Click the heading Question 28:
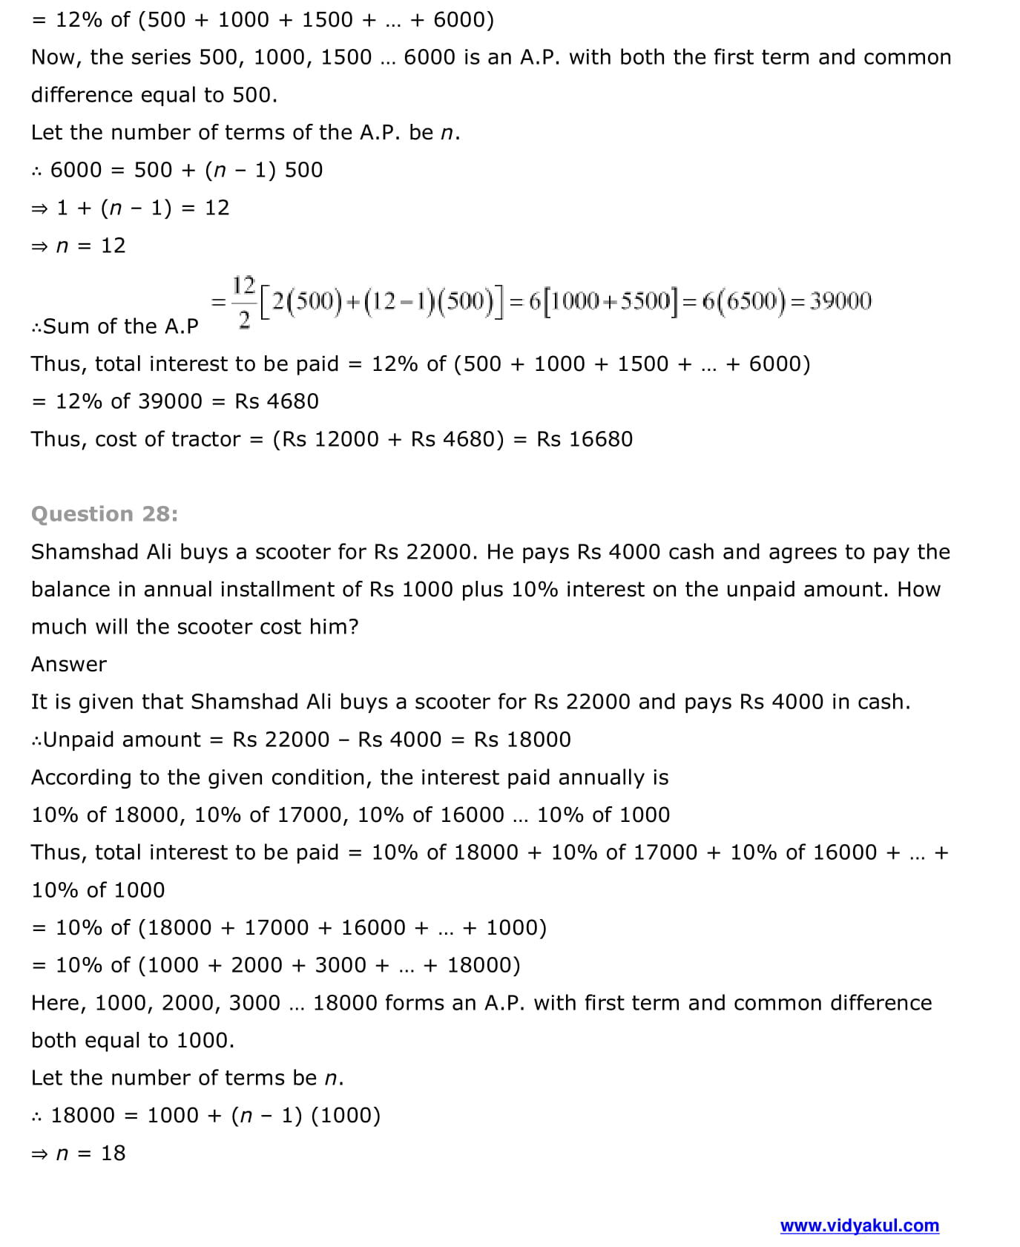[x=105, y=514]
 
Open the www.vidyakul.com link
[x=859, y=1225]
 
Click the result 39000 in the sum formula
[x=840, y=301]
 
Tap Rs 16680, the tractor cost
[x=585, y=439]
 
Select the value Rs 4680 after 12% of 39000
[x=277, y=401]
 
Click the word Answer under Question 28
[x=69, y=664]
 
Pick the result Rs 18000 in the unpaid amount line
[x=522, y=740]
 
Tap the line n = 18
[x=91, y=1153]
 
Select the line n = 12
[x=91, y=246]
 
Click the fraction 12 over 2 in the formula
[x=243, y=302]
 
